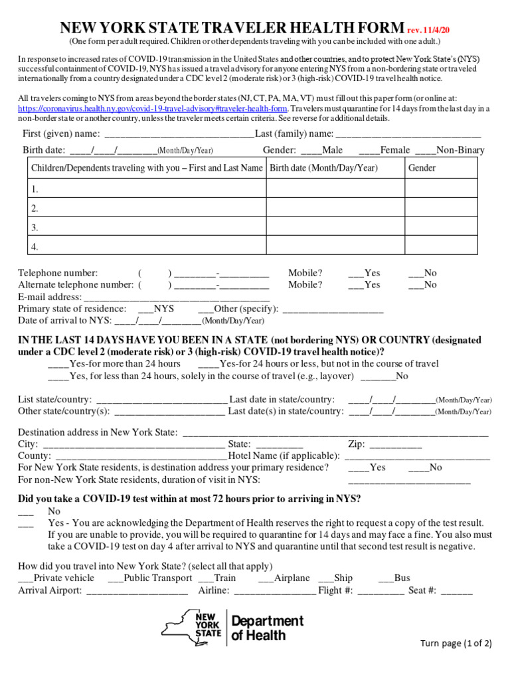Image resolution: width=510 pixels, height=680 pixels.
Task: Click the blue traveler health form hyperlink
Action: (x=153, y=108)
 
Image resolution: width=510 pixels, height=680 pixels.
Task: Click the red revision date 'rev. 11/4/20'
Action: (x=432, y=30)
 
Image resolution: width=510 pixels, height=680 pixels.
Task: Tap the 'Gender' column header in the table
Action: (x=422, y=168)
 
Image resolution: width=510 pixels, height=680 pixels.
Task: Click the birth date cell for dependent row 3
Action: (x=335, y=227)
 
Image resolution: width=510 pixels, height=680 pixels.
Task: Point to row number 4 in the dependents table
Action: (x=35, y=247)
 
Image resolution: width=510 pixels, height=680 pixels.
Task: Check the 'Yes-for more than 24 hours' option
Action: (x=58, y=365)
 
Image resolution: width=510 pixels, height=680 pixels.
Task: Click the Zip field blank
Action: (x=395, y=445)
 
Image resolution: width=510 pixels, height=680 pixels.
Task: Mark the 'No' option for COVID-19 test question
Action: (x=26, y=512)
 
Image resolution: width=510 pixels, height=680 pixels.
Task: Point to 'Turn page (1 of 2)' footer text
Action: (x=456, y=643)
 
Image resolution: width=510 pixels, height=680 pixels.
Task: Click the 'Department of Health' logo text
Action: (x=267, y=628)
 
